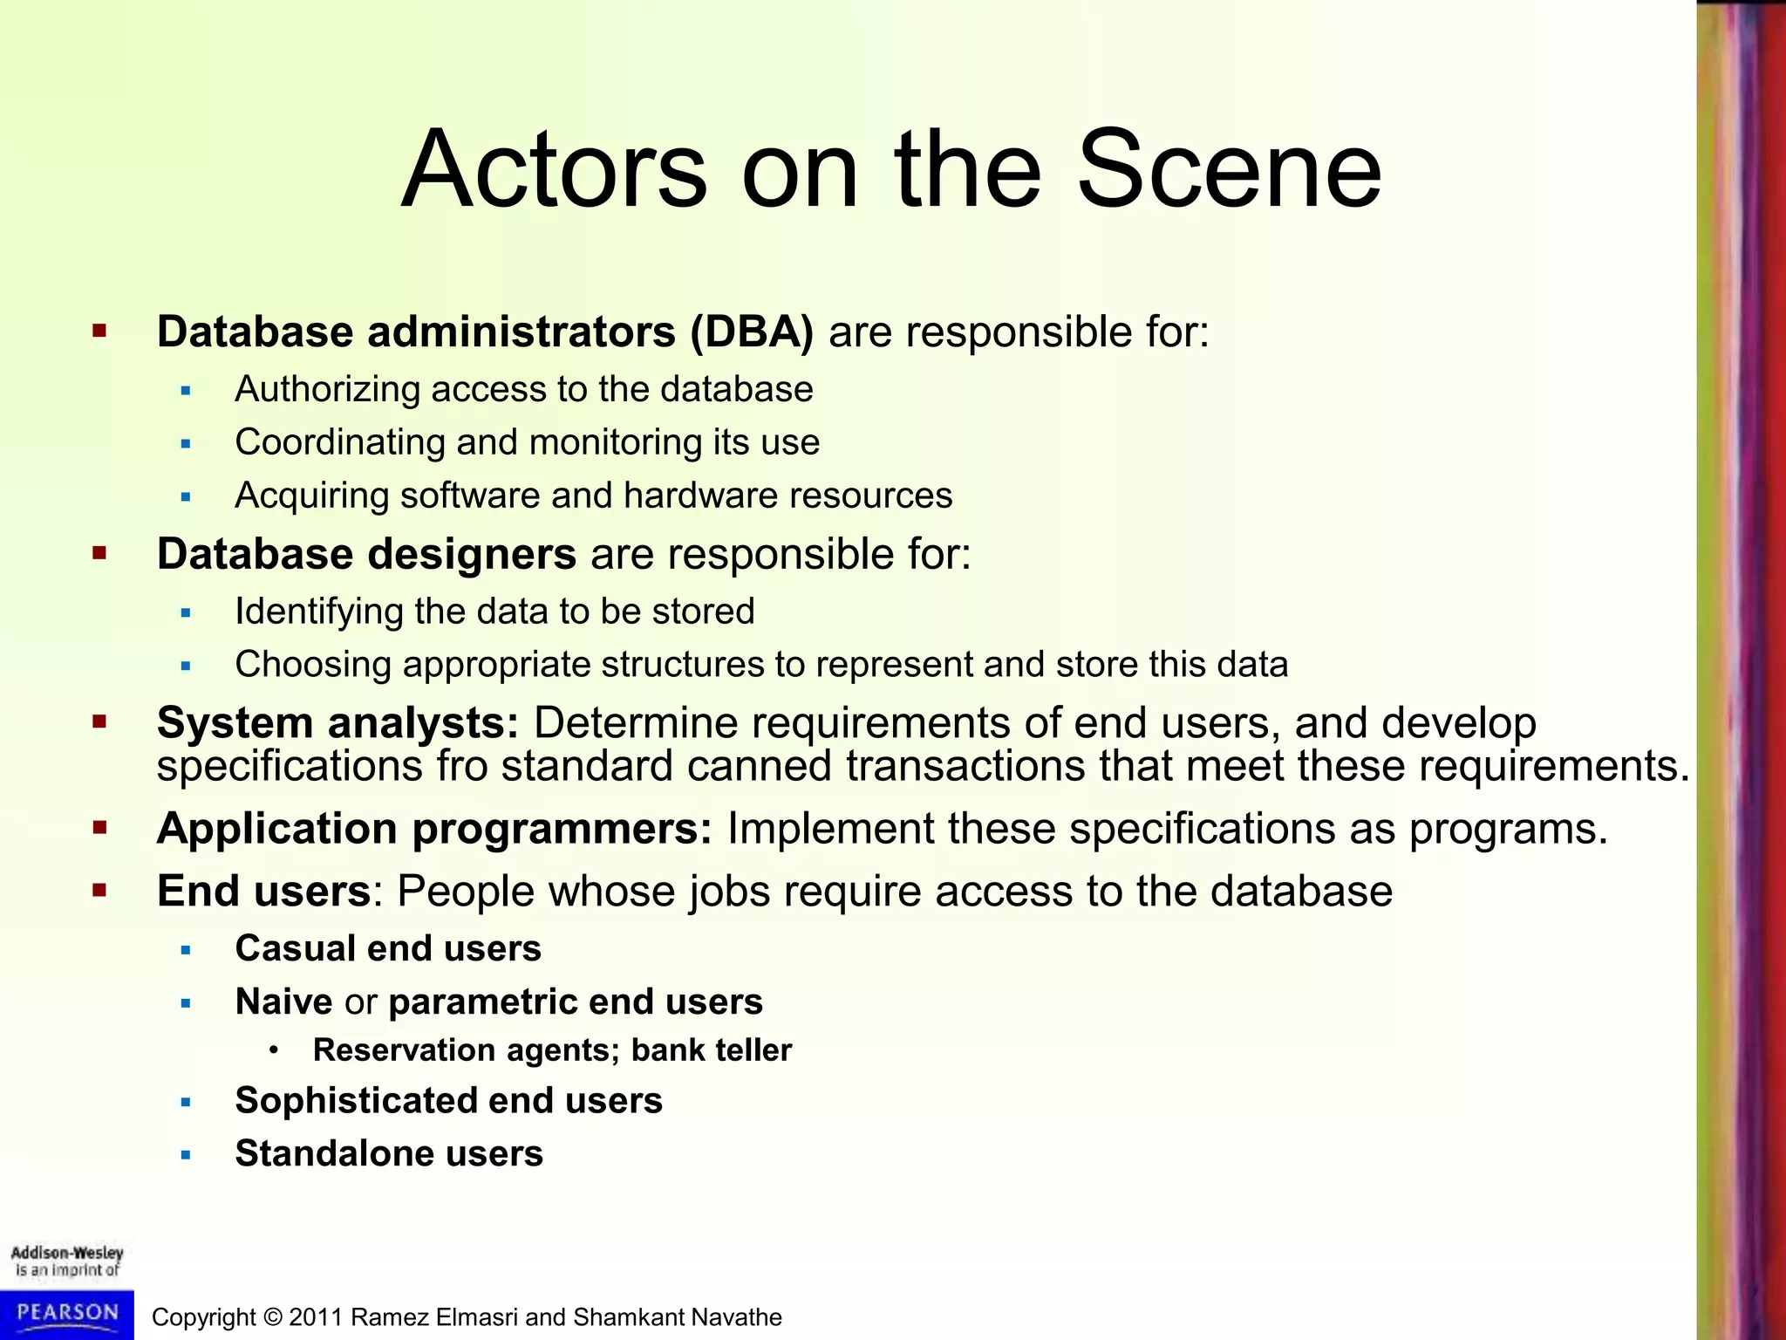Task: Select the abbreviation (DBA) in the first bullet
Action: (751, 332)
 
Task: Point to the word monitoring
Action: (615, 442)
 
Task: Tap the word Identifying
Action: (318, 612)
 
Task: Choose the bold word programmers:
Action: (562, 829)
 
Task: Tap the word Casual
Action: (294, 949)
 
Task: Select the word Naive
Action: (283, 1002)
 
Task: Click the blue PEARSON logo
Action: (67, 1314)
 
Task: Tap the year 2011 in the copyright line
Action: (316, 1317)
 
